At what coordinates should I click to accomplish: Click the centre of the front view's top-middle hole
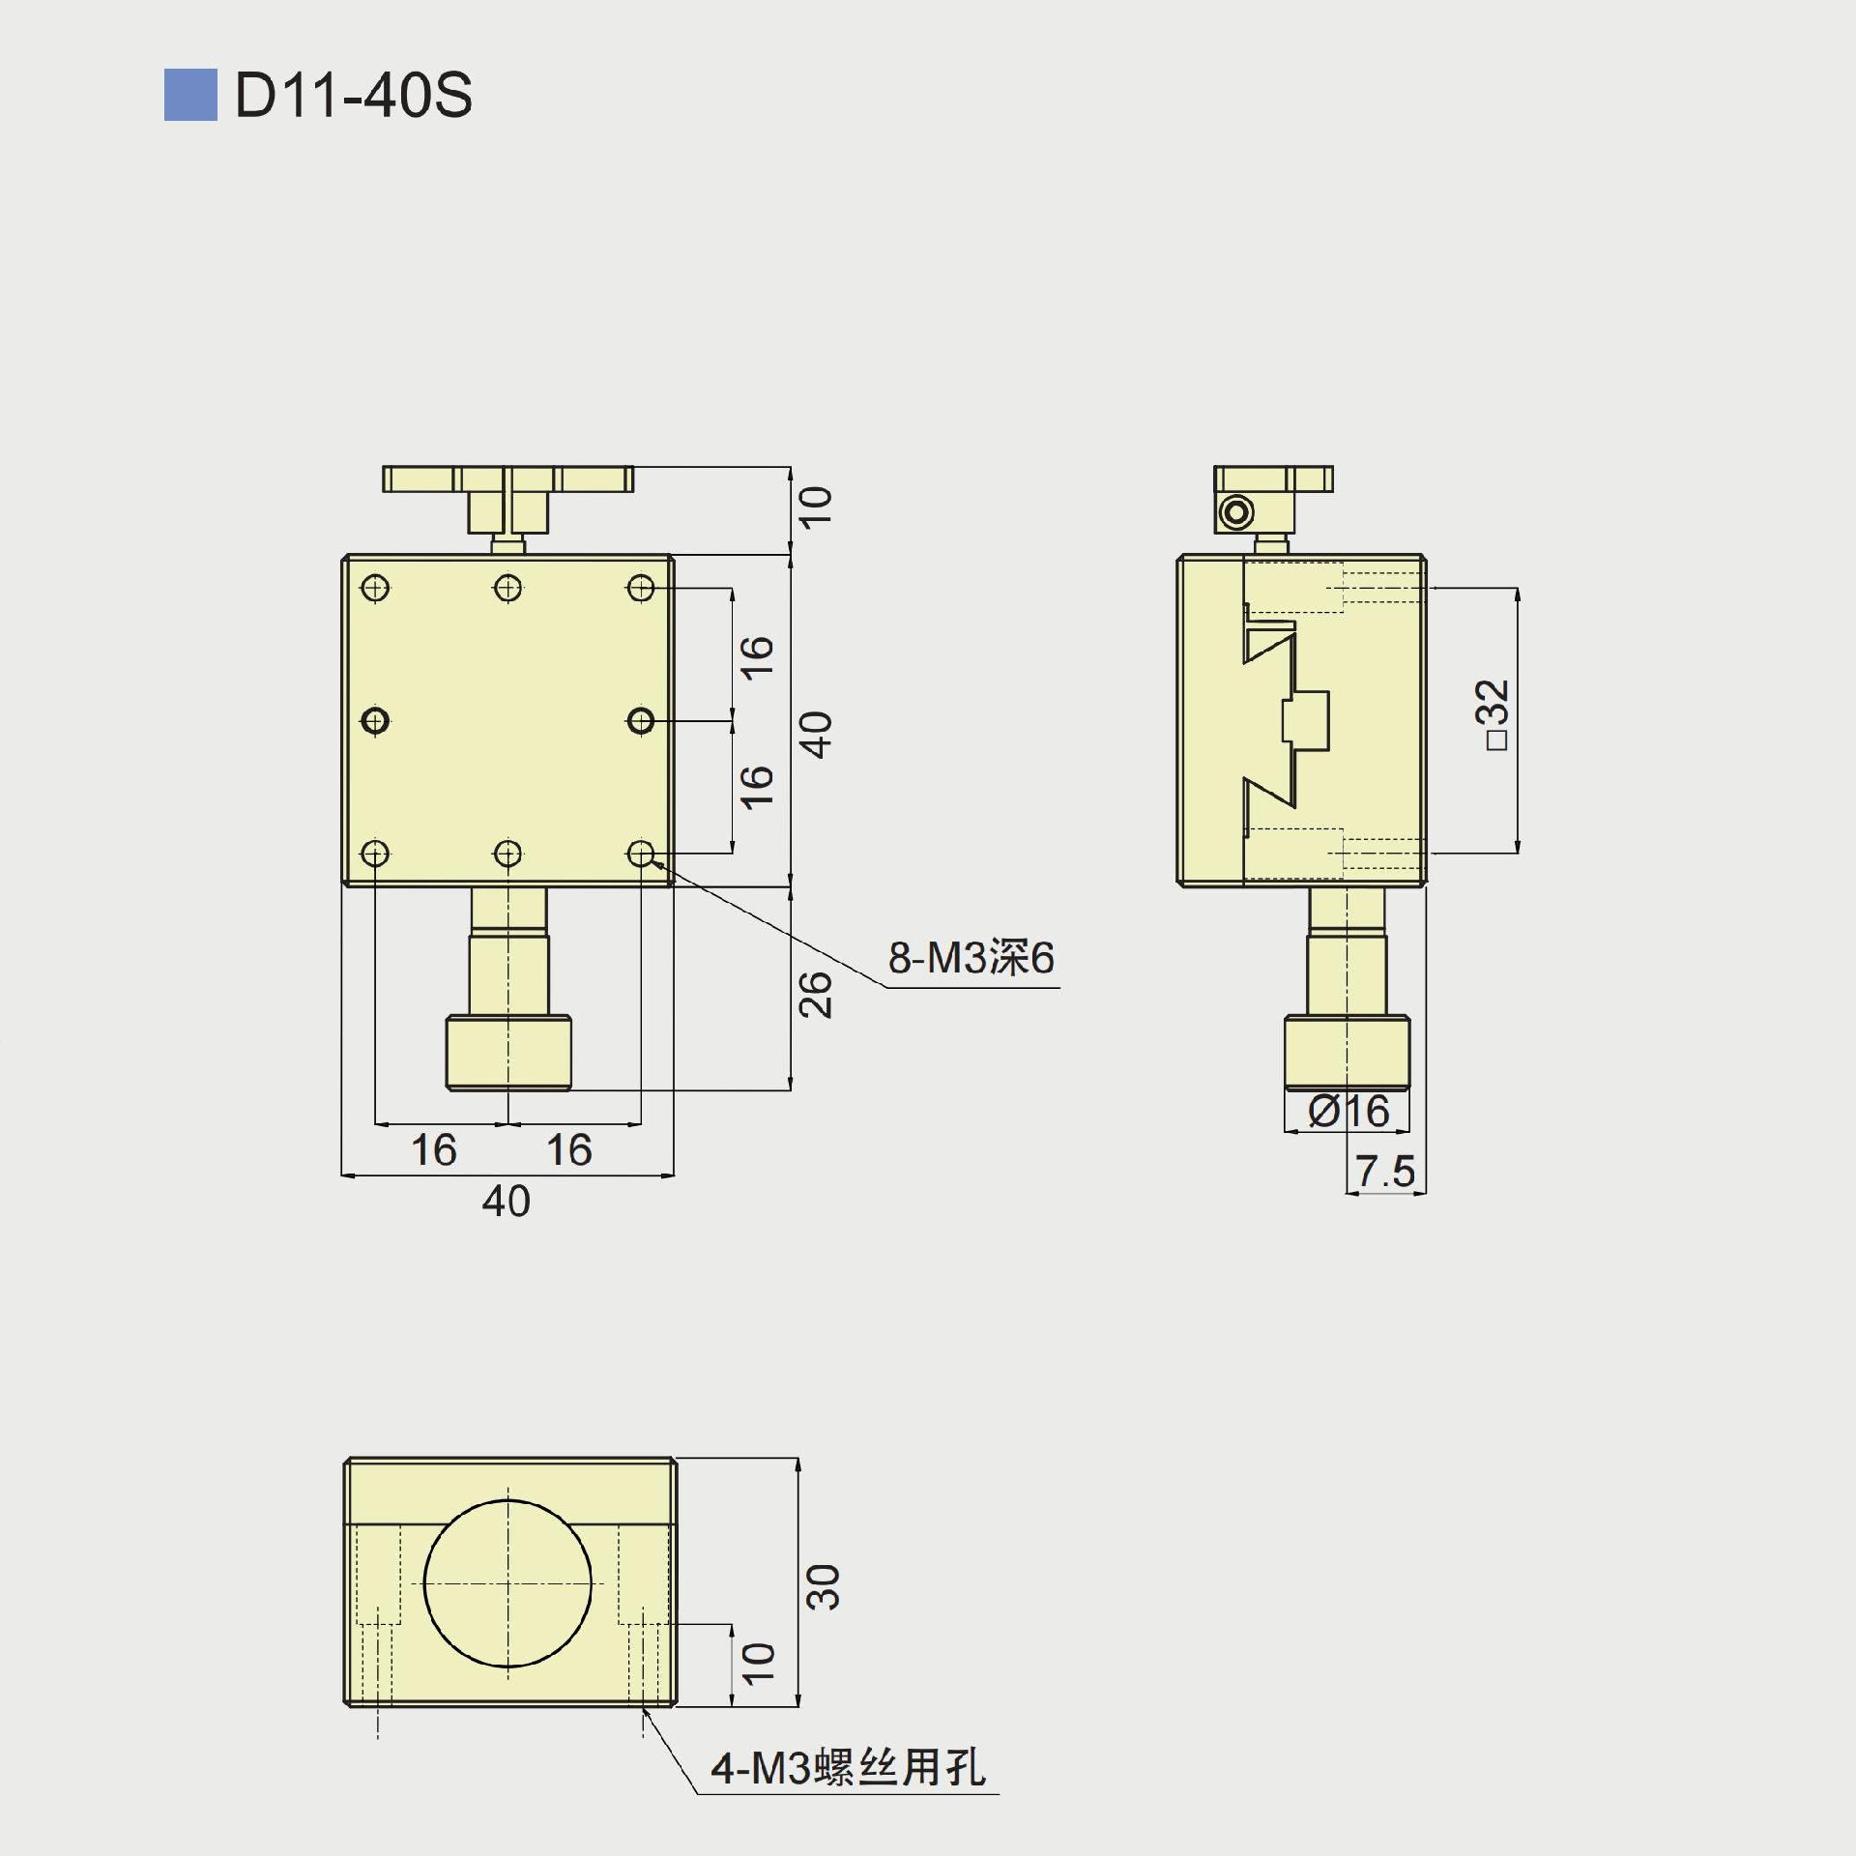point(507,588)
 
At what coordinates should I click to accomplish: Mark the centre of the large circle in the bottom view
point(507,1583)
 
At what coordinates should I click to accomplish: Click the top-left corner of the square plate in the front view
point(344,555)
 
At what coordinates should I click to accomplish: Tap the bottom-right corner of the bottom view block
point(675,1706)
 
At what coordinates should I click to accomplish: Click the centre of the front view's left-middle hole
point(375,720)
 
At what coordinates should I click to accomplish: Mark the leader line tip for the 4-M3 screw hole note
point(644,1709)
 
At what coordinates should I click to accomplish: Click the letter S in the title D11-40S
point(451,96)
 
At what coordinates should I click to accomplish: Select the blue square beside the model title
point(190,95)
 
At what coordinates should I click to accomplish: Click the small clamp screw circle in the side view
point(1236,511)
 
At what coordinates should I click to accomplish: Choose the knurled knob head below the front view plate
point(508,1052)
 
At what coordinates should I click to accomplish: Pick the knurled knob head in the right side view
point(1347,1052)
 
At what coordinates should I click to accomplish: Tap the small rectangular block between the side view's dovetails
point(1306,720)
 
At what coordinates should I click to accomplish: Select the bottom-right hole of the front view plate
point(641,854)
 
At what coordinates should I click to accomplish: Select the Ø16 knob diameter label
point(1348,1112)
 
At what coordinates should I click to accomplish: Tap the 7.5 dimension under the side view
point(1385,1172)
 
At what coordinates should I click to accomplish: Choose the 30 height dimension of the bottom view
point(824,1586)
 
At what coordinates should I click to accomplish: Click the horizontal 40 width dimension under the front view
point(507,1202)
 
